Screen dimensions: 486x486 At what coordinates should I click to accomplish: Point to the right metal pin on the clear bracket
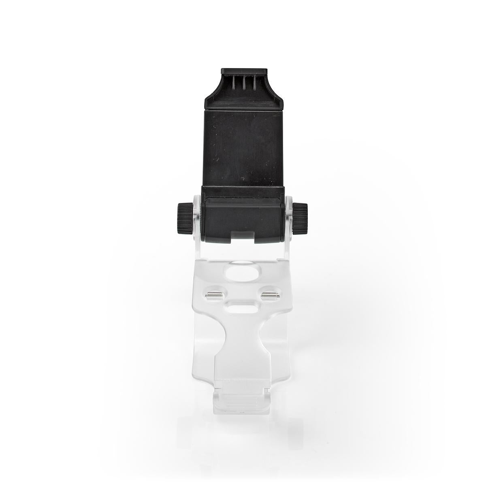pyautogui.click(x=269, y=294)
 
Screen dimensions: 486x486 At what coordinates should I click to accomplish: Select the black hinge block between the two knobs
pyautogui.click(x=242, y=213)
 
